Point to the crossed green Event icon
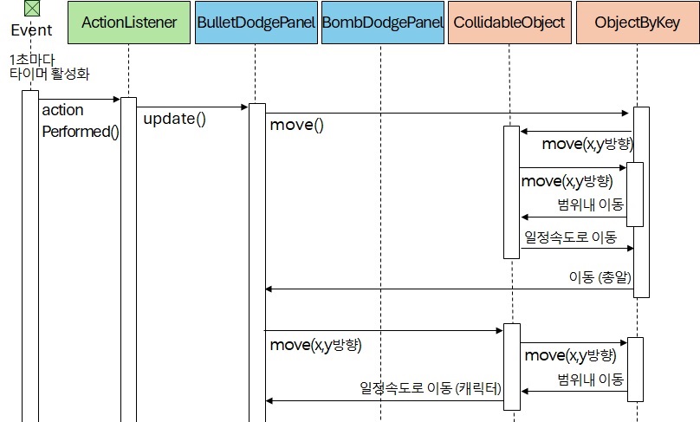click(31, 9)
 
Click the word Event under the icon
click(31, 29)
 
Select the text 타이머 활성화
click(49, 74)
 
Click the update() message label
click(174, 119)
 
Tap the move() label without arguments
click(296, 125)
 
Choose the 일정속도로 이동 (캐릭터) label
click(431, 387)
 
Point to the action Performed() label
click(80, 121)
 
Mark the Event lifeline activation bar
click(30, 251)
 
